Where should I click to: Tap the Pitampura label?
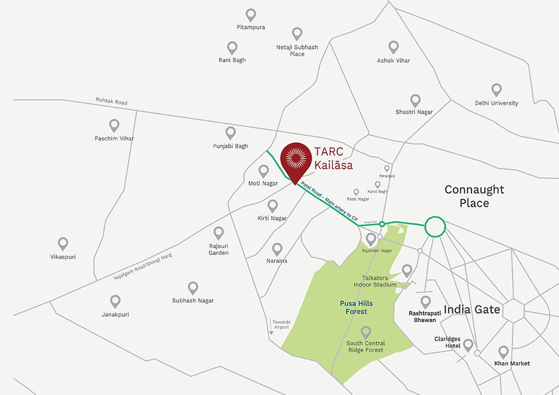coord(251,27)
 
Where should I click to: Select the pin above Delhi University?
coord(496,90)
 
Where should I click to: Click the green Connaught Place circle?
coord(435,226)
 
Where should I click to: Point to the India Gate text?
coord(472,309)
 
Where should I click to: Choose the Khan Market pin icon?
coord(503,352)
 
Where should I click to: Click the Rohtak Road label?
coord(112,102)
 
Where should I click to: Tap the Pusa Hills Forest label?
coord(356,308)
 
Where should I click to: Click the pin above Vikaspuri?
coord(63,243)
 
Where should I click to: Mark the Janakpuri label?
coord(115,314)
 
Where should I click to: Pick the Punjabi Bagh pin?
coord(230,133)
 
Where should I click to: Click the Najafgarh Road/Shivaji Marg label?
coord(142,267)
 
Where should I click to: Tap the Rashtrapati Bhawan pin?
coord(425,302)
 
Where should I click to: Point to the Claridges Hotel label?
coord(447,343)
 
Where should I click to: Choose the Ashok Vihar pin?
coord(394,47)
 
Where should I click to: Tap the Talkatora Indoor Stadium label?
coord(379,282)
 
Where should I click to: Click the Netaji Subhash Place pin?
coord(297,33)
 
